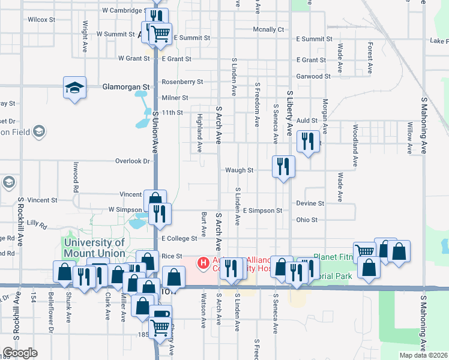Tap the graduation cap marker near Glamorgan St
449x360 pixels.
coord(74,88)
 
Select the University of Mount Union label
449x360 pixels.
coord(94,248)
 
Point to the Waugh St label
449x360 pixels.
coord(239,170)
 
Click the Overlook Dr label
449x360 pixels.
coord(132,161)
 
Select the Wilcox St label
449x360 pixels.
coord(41,20)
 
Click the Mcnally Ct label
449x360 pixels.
coord(268,29)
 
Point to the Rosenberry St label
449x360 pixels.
coord(182,82)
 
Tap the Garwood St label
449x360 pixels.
coord(313,76)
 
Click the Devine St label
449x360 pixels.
coord(310,203)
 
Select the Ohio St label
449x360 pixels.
coord(307,220)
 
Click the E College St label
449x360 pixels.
coord(179,238)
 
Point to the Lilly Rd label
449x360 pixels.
coord(37,225)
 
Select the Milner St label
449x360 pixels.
coord(175,98)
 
